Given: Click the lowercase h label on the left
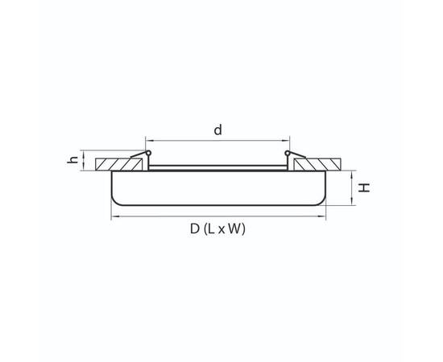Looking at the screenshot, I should click(72, 160).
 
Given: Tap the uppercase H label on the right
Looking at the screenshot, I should click(365, 187).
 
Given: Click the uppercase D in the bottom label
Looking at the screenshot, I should click(195, 229).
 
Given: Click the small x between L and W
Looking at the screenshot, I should click(223, 230).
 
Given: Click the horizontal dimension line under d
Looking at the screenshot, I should click(217, 141).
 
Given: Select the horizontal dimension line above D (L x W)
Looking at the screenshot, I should click(217, 216).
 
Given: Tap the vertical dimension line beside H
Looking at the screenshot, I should click(350, 187).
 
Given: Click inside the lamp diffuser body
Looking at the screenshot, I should click(217, 189).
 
